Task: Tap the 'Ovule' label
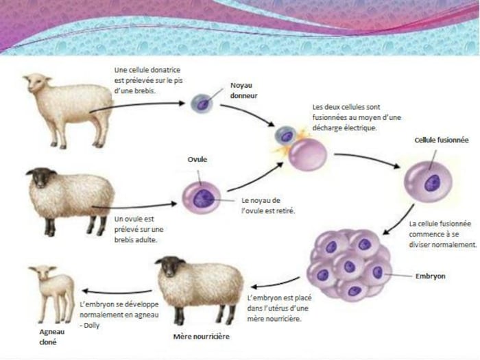tap(197, 160)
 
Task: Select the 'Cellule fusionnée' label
tap(441, 140)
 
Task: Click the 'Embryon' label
tap(430, 276)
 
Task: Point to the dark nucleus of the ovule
tap(203, 197)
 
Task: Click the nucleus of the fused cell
tap(431, 183)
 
